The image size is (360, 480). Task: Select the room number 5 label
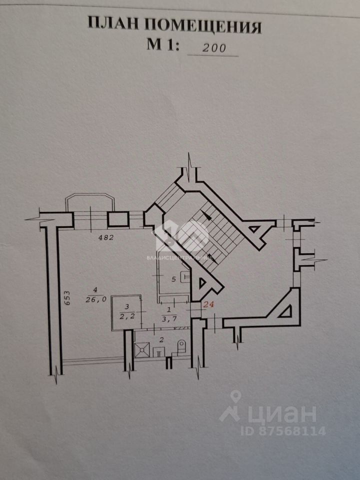tap(173, 279)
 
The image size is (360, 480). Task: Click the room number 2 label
tap(161, 339)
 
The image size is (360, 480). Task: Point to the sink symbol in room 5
tap(184, 275)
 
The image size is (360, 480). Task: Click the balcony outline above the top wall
tap(90, 201)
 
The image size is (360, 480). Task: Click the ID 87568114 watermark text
tap(283, 430)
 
